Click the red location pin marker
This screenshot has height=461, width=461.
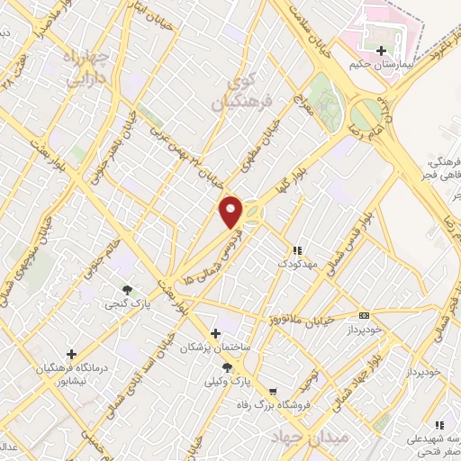pos(232,212)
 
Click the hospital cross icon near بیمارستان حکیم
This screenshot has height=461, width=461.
pos(383,50)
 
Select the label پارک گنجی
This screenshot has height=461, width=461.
pos(127,304)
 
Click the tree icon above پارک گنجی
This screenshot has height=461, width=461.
pos(127,290)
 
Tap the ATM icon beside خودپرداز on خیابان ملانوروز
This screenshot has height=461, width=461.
pos(364,316)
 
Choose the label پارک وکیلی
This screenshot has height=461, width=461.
pos(228,382)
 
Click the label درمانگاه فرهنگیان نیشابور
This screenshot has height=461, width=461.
pos(72,373)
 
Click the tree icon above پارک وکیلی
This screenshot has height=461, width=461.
pos(228,367)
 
